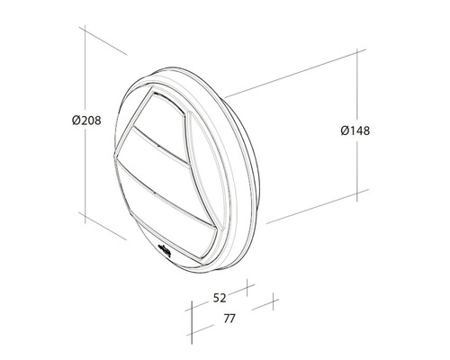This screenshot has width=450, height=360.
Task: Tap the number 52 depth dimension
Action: pos(219,296)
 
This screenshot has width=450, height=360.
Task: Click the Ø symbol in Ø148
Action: pos(346,130)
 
